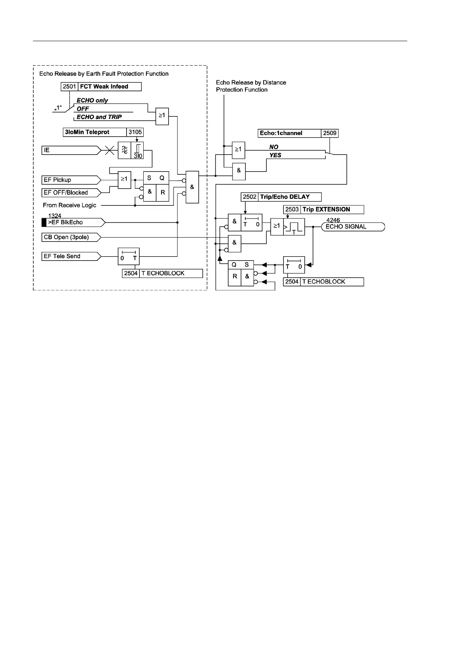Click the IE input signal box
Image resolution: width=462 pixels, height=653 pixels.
[70, 150]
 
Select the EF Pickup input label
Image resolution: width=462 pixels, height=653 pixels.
[70, 180]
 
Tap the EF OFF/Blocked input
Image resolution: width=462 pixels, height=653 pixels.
[70, 193]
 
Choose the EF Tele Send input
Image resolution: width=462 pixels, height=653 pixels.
[70, 256]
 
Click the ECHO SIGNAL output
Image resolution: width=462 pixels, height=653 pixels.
[353, 227]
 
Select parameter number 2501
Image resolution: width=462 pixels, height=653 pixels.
[69, 87]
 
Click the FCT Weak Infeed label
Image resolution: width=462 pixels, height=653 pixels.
[104, 87]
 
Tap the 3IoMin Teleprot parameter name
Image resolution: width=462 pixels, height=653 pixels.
[87, 132]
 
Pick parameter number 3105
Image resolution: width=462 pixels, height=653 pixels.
[135, 132]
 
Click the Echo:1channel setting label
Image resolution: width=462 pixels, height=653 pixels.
[281, 133]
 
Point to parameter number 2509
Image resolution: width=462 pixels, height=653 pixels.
[330, 133]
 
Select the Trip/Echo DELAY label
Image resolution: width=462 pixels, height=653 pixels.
[285, 197]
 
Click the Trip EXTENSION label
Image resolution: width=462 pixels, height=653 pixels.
[326, 210]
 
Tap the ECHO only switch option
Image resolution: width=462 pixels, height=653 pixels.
[92, 100]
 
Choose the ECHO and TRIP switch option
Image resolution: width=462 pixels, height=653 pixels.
[99, 117]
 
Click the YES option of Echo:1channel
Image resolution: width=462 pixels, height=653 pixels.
[275, 155]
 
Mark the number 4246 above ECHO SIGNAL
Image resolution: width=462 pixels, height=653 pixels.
[333, 220]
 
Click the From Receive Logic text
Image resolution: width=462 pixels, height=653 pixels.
[69, 205]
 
